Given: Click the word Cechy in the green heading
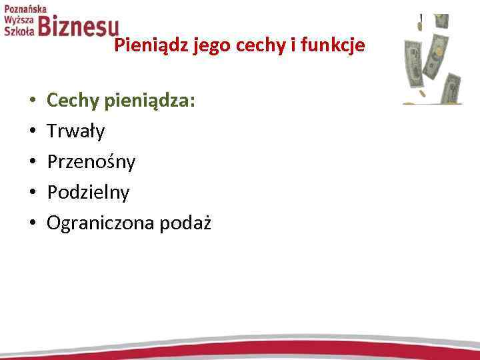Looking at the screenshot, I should tap(71, 101).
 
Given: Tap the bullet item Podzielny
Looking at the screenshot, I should tap(88, 193).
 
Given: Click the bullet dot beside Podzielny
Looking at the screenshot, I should tap(32, 193).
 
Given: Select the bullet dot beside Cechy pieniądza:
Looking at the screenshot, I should tap(32, 101).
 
